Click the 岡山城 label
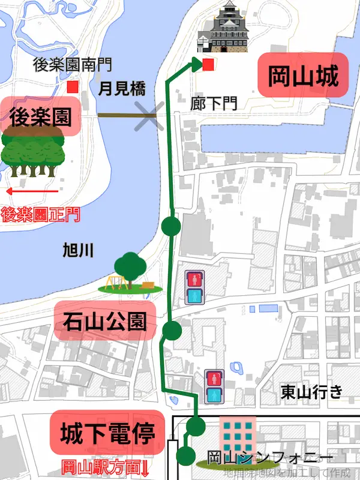(304, 77)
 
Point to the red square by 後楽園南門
(73, 87)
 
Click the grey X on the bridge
(149, 115)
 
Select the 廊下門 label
(213, 103)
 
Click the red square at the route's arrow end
(208, 65)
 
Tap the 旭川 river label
(78, 251)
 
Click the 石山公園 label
(104, 322)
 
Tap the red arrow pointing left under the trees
(31, 191)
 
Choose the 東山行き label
(312, 392)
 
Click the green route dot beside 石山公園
(172, 330)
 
